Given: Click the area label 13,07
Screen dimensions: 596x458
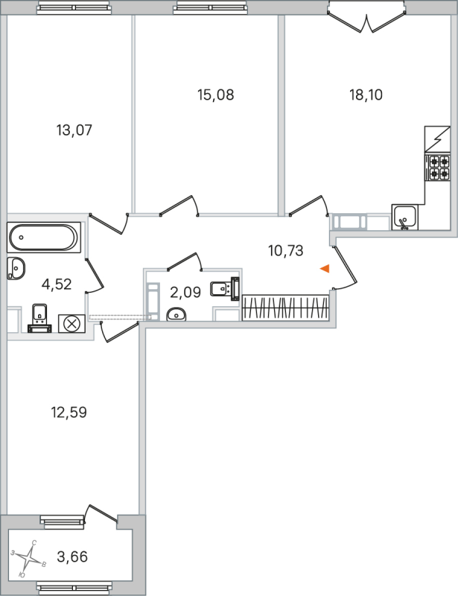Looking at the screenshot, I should [x=74, y=130].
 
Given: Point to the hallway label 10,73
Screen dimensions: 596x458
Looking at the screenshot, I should [x=286, y=250].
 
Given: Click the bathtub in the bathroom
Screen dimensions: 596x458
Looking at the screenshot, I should [x=42, y=238].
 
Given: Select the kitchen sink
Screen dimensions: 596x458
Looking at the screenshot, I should [x=405, y=217].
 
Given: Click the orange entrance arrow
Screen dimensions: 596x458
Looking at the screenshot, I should [x=324, y=269].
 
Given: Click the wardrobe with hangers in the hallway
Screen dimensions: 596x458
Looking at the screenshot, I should [x=285, y=307].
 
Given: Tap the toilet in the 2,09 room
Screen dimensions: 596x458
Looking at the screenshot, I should [x=224, y=288].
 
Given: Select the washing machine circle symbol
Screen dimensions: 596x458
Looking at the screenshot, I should [x=72, y=323].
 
